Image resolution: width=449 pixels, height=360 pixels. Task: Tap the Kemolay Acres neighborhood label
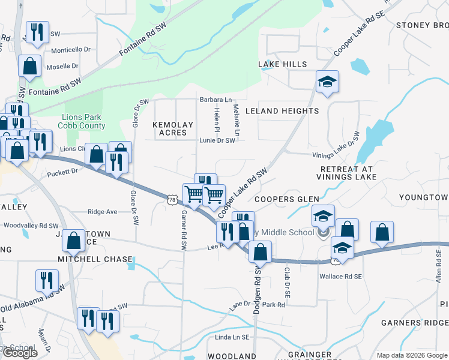(x=173, y=128)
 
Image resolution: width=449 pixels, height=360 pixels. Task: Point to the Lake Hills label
(x=282, y=64)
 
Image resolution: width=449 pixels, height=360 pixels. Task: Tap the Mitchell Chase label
(x=94, y=259)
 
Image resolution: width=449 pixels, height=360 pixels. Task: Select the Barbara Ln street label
(x=215, y=100)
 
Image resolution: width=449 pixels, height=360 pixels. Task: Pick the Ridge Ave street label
(x=102, y=212)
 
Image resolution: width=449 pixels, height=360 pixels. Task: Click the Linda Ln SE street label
(x=232, y=338)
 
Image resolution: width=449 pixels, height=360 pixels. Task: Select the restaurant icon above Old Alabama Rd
(x=46, y=280)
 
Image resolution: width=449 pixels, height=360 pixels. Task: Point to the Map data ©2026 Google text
(x=411, y=355)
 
